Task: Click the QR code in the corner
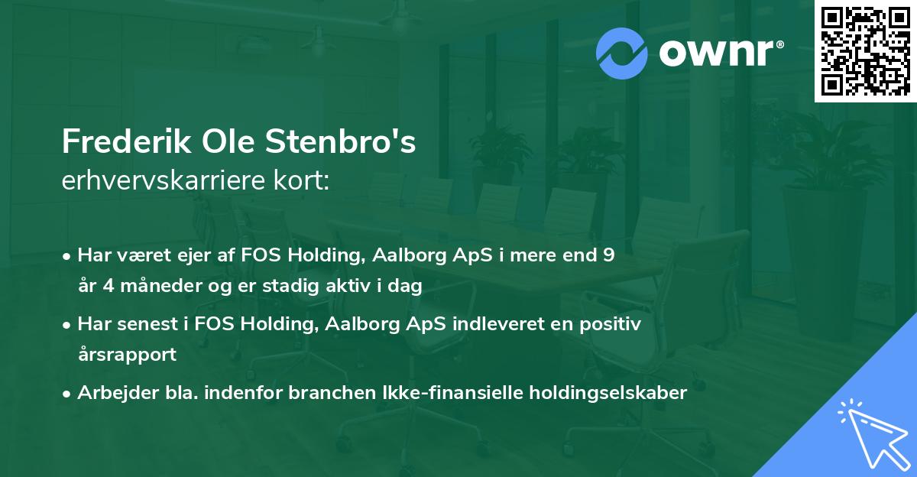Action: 865,50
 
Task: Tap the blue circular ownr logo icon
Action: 623,53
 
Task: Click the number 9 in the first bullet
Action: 608,255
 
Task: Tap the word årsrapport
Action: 127,355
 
